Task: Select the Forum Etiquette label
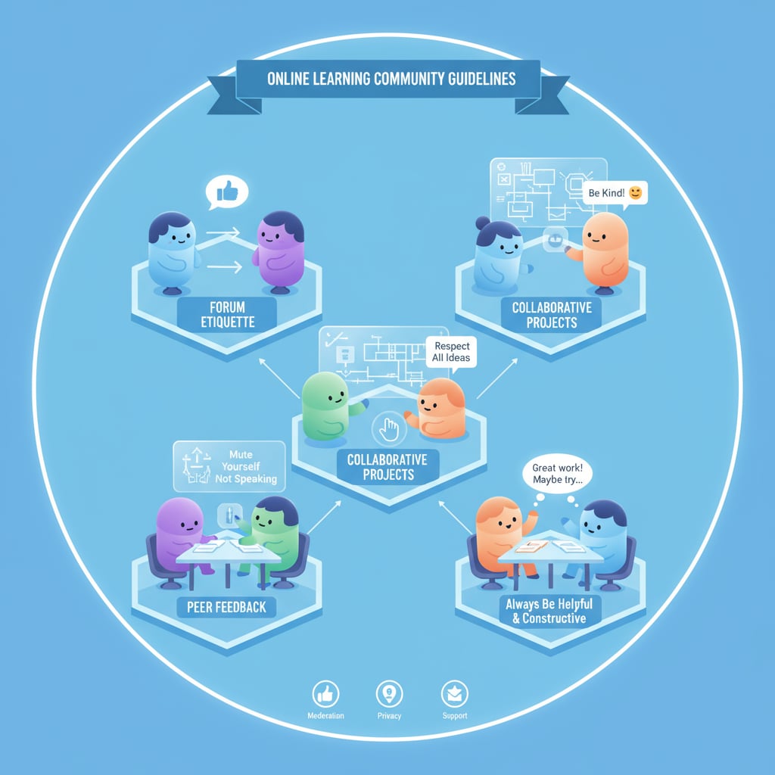click(227, 314)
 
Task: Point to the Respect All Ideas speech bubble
click(452, 352)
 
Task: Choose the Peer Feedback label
click(227, 606)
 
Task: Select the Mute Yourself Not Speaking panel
click(229, 466)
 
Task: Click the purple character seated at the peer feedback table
click(182, 530)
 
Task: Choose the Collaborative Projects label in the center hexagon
click(387, 467)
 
